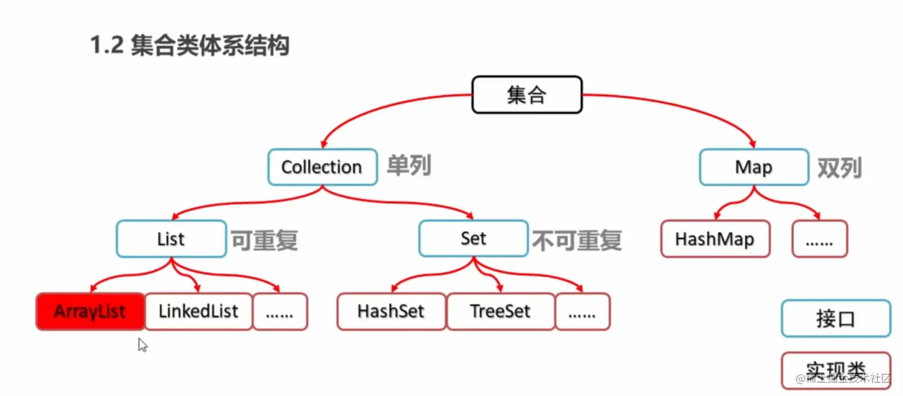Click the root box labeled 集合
click(527, 94)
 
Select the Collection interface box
click(322, 167)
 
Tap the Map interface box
click(753, 167)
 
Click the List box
click(171, 239)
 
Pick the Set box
click(473, 238)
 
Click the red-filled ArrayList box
click(90, 311)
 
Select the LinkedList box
click(198, 311)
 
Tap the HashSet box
click(391, 311)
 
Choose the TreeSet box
click(500, 311)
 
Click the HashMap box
click(715, 239)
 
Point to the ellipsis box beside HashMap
click(819, 239)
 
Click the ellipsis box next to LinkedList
click(280, 311)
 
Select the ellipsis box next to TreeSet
click(582, 311)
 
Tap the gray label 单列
click(409, 165)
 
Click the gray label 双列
click(839, 168)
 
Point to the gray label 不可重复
click(577, 240)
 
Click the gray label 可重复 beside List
click(264, 240)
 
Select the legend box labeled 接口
click(836, 318)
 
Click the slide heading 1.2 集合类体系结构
click(189, 46)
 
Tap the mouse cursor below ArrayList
click(142, 345)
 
